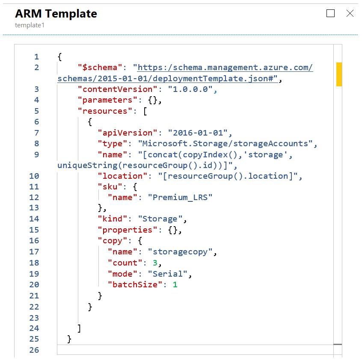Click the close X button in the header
coord(350,13)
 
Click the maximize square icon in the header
coord(330,13)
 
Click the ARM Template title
coord(56,14)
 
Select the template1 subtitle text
coord(30,25)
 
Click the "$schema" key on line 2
coord(97,68)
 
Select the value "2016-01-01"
coord(197,133)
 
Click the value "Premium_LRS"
coord(180,198)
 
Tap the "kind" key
coord(113,219)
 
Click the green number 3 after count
coord(155,263)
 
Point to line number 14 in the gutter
coord(34,219)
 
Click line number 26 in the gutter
coord(34,350)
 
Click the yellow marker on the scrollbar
coord(339,74)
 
